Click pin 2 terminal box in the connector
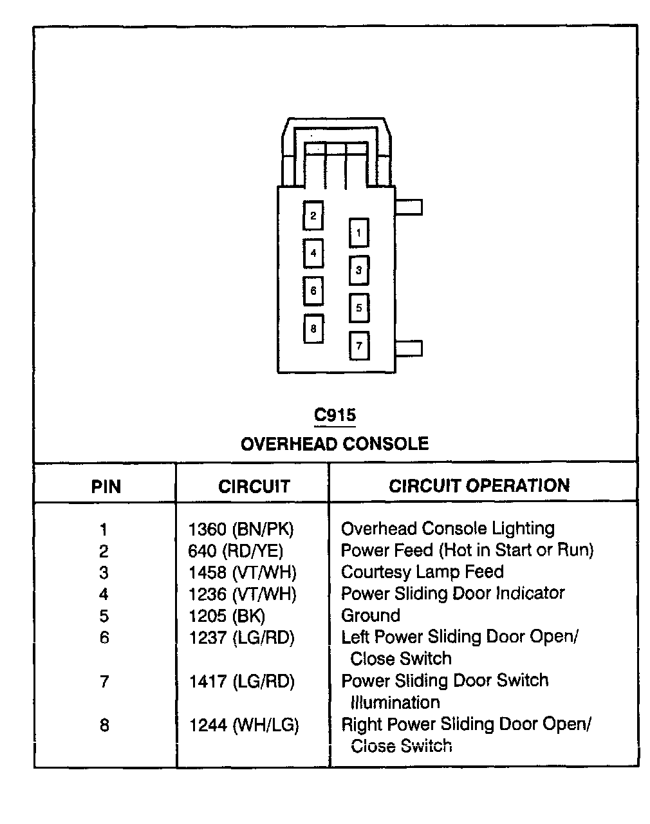[x=313, y=216]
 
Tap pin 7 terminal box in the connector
[x=358, y=346]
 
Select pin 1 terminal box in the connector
[x=358, y=233]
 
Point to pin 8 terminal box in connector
[x=313, y=329]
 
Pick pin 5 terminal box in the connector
[x=358, y=308]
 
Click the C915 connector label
[x=335, y=415]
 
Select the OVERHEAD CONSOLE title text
[x=335, y=444]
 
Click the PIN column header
[x=106, y=486]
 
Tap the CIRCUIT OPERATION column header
[x=479, y=485]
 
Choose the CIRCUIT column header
[x=254, y=486]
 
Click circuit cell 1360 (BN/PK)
[x=241, y=529]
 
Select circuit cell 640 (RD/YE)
[x=236, y=551]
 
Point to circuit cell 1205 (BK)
[x=227, y=616]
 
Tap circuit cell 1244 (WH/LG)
[x=244, y=726]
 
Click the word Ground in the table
[x=371, y=615]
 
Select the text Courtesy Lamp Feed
[x=422, y=572]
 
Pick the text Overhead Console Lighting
[x=448, y=529]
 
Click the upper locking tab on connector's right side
[x=409, y=207]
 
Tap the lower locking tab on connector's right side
[x=409, y=348]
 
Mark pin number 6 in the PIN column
[x=104, y=637]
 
